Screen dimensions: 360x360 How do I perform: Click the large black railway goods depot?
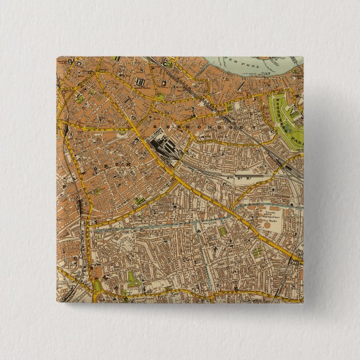point(162,146)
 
